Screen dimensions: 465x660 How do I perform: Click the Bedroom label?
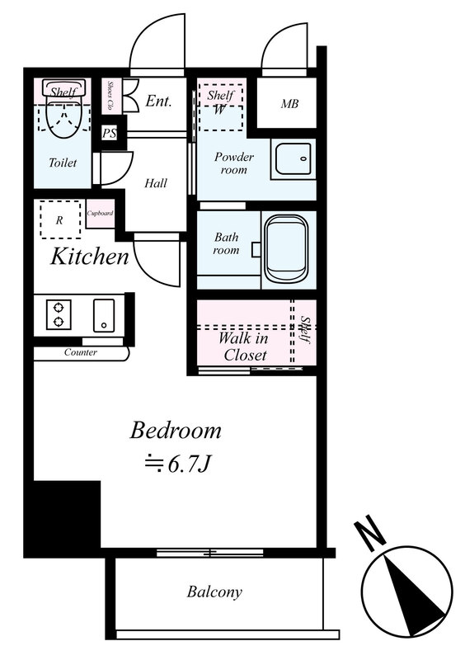[176, 431]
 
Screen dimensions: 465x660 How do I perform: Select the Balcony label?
[214, 592]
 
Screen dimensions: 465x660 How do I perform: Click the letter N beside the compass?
[370, 532]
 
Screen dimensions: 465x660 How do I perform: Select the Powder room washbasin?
[294, 158]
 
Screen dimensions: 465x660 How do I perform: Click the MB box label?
[289, 103]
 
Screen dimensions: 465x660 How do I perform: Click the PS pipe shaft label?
[110, 134]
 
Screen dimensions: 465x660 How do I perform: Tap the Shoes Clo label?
[110, 96]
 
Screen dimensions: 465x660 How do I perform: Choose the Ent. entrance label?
[158, 101]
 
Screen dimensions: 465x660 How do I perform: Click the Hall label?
[156, 183]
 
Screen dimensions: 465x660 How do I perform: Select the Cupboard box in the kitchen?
[100, 214]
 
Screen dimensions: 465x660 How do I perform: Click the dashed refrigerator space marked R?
[60, 219]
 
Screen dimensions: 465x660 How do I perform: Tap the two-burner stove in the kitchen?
[59, 314]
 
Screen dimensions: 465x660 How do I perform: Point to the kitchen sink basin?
[104, 315]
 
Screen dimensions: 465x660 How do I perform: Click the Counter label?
[80, 352]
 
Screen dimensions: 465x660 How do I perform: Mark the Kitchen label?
[90, 257]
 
